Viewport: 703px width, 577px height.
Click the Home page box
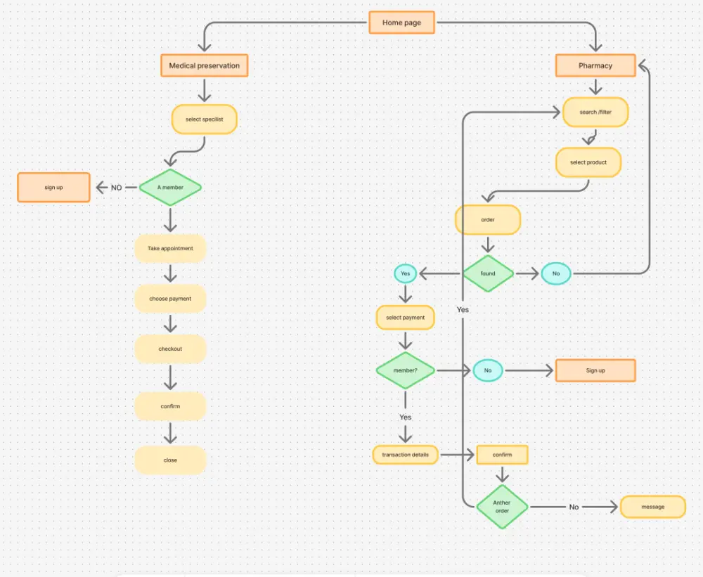[401, 22]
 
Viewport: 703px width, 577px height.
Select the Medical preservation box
[204, 66]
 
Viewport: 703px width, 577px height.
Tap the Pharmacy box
[595, 66]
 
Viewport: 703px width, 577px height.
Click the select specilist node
[204, 119]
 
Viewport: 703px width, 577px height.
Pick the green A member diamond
[170, 188]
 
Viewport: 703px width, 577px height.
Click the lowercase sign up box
[53, 188]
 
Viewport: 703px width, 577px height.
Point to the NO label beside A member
[117, 188]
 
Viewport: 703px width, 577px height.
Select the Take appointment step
[170, 249]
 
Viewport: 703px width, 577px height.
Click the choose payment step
[170, 299]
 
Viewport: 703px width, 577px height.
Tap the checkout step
[170, 349]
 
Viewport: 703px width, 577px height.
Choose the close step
[170, 460]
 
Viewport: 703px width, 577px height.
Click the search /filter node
[595, 112]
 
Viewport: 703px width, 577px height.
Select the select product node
[588, 162]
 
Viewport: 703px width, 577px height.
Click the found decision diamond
[488, 273]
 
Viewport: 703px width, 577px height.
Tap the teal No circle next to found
[556, 273]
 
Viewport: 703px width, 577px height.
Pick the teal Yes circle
[405, 273]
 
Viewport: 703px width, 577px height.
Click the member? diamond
[405, 370]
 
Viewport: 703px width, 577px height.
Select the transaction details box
[405, 455]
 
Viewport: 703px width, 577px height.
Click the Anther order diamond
[502, 506]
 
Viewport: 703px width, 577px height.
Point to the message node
[652, 507]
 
